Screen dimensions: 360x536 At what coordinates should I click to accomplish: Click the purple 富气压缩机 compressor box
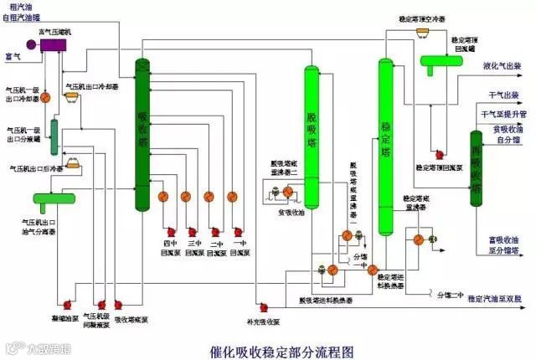pos(52,44)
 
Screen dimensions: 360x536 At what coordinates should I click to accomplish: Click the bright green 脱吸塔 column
pos(312,134)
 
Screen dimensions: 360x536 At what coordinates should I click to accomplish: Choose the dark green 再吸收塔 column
pos(476,172)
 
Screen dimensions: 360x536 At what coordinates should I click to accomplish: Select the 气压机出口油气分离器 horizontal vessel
pos(51,198)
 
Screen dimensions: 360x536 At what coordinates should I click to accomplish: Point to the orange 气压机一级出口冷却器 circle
pos(47,97)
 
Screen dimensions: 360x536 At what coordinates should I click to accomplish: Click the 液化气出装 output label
pos(502,64)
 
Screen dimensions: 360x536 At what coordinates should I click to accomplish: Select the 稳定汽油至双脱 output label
pos(494,299)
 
